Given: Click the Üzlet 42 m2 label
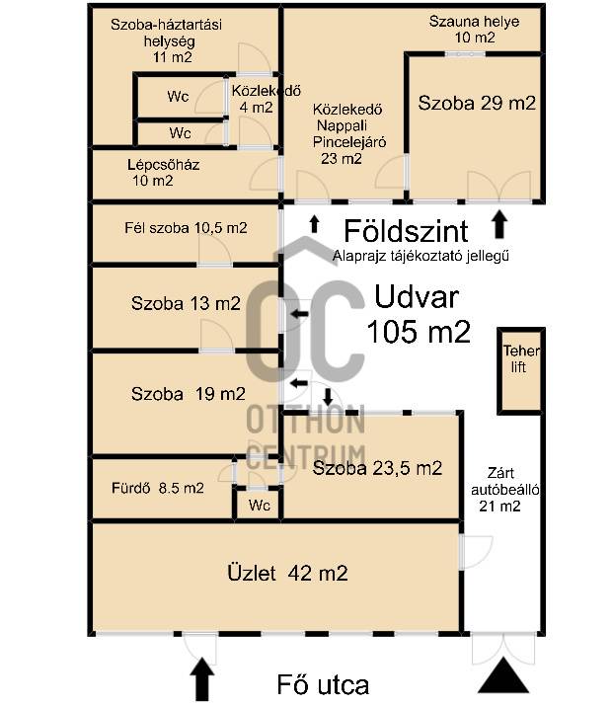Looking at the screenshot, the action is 287,573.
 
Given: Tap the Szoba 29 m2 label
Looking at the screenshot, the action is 477,103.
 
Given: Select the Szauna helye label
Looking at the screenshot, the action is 474,21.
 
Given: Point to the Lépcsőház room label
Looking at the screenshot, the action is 163,165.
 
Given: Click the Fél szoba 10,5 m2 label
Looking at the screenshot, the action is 186,228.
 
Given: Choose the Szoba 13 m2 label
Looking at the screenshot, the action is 186,303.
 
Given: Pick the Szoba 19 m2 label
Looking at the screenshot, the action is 189,394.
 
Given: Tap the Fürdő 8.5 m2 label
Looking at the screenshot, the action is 158,488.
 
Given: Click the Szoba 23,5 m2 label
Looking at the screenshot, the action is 377,468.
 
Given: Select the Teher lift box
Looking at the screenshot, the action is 520,370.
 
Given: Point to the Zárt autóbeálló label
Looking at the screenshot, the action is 504,481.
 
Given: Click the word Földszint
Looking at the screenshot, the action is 406,231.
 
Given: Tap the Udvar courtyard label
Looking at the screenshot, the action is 417,297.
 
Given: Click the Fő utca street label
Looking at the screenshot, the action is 323,685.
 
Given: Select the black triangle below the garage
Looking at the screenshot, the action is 503,675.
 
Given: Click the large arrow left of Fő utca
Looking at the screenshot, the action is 202,679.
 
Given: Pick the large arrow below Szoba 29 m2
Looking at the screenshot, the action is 499,224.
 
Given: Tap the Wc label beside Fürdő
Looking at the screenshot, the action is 260,506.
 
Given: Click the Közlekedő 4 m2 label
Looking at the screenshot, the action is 266,99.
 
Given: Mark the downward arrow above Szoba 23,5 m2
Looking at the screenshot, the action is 328,397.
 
